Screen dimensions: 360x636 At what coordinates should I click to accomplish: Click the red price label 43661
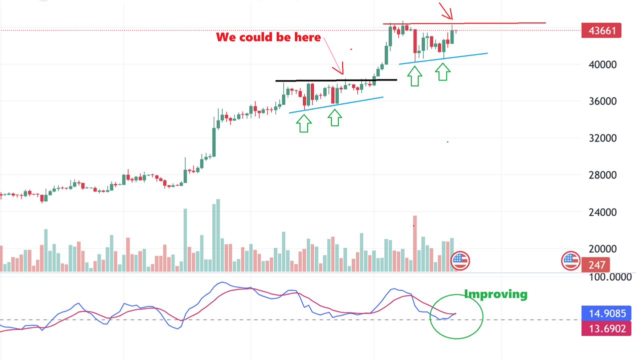pyautogui.click(x=601, y=30)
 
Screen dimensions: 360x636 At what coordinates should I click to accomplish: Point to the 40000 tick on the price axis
pyautogui.click(x=602, y=64)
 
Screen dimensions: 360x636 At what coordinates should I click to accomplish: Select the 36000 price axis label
pyautogui.click(x=602, y=101)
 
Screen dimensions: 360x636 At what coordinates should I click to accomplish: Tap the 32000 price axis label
pyautogui.click(x=602, y=138)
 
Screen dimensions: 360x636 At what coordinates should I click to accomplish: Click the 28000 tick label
pyautogui.click(x=602, y=175)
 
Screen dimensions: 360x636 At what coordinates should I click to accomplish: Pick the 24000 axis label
pyautogui.click(x=602, y=212)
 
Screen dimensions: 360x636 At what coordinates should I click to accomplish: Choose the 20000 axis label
pyautogui.click(x=602, y=248)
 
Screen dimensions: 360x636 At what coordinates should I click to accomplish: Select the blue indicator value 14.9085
pyautogui.click(x=606, y=313)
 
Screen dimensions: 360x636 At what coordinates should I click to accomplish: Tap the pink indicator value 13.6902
pyautogui.click(x=606, y=328)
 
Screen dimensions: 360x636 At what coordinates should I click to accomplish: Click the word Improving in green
pyautogui.click(x=495, y=294)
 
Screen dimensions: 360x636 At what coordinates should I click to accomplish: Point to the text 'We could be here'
pyautogui.click(x=268, y=37)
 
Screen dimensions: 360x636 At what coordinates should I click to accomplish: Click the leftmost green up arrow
pyautogui.click(x=304, y=122)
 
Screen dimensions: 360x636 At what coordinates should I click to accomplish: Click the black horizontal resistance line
pyautogui.click(x=335, y=80)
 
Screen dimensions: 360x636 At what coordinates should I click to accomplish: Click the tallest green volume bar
pyautogui.click(x=218, y=235)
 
